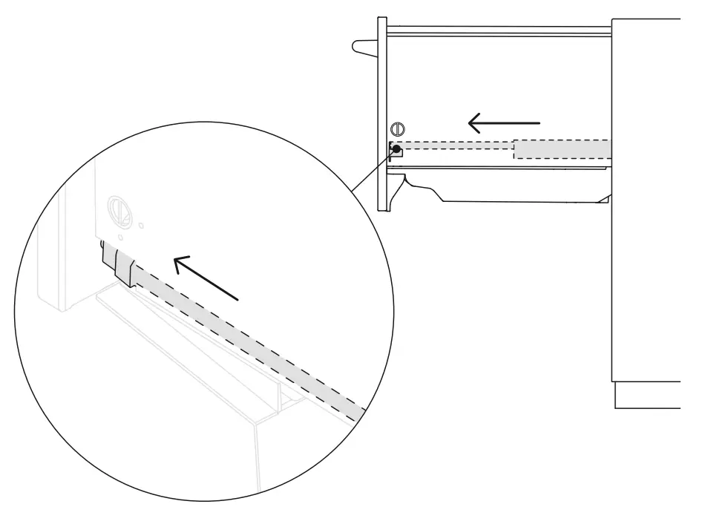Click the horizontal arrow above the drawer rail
505,122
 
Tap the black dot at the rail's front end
397,149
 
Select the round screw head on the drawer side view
397,128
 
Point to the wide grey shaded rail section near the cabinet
563,148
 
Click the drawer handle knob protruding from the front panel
364,48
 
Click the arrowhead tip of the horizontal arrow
471,122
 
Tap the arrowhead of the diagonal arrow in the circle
177,261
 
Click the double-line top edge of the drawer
497,31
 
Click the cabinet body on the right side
646,223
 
